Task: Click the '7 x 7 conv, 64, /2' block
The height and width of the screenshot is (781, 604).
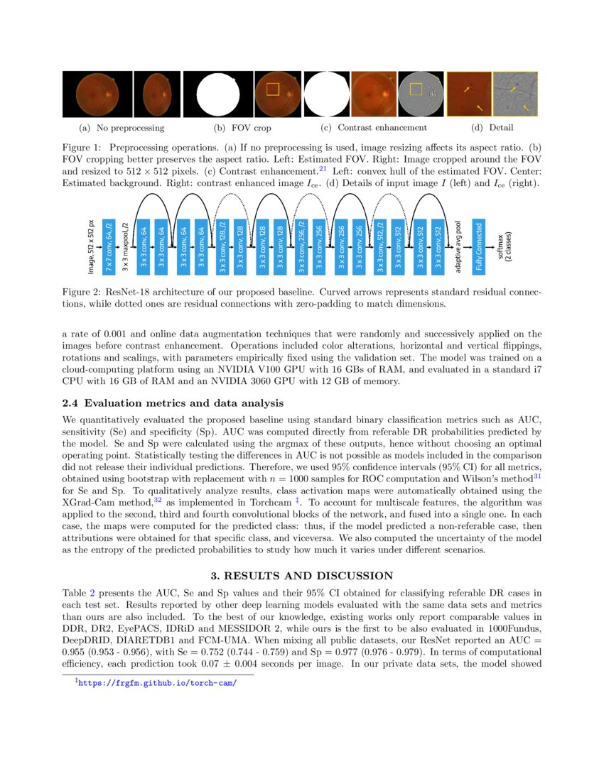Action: (109, 246)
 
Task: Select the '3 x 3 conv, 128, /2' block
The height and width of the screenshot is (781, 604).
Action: (222, 246)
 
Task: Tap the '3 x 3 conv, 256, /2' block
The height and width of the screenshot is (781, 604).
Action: (301, 246)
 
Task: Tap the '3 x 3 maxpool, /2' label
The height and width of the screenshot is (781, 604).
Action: (126, 246)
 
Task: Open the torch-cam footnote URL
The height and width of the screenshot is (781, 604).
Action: (158, 683)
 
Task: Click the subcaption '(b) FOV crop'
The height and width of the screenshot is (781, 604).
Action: (242, 128)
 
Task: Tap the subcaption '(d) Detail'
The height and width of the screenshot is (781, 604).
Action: (492, 128)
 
